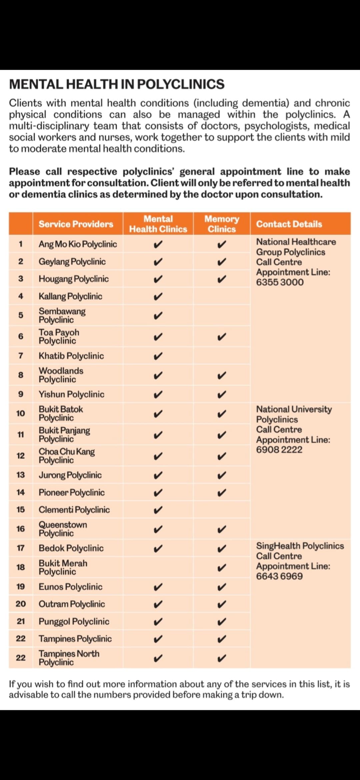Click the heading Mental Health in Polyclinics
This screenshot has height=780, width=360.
tap(117, 84)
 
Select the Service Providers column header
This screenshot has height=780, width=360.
tap(76, 224)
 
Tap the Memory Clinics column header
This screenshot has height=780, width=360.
tap(222, 224)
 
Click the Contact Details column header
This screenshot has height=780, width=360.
tap(289, 224)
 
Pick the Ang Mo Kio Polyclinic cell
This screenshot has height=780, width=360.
tap(78, 244)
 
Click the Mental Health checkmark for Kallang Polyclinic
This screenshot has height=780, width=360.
tap(158, 296)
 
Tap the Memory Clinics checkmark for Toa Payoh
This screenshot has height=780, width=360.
tap(222, 337)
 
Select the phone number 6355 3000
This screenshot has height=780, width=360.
tap(280, 282)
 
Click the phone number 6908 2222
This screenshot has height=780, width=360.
tap(279, 450)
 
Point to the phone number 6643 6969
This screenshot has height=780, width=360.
tap(279, 576)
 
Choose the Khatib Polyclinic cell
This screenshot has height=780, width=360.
tap(71, 356)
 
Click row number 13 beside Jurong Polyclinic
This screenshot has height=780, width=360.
tap(21, 475)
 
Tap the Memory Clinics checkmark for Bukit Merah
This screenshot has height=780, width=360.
tap(222, 567)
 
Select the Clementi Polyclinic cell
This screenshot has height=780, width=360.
tap(74, 510)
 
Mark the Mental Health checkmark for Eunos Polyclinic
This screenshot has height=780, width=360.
tap(158, 587)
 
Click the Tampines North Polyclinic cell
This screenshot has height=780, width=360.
tap(69, 658)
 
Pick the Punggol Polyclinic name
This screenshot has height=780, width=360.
tap(74, 621)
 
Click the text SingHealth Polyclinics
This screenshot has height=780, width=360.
tap(300, 546)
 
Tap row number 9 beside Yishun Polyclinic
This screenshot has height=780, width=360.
tap(21, 394)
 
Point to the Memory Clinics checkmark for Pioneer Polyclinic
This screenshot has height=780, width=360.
tap(222, 492)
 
